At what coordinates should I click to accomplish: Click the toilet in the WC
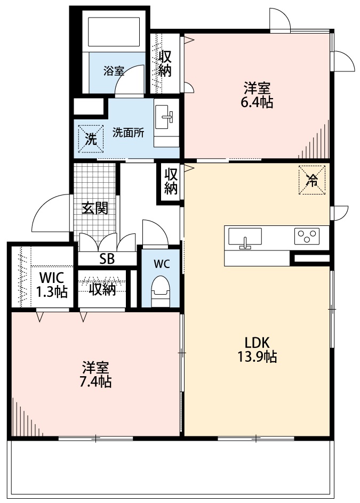[x=160, y=291]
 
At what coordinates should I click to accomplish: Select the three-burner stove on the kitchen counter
[x=306, y=234]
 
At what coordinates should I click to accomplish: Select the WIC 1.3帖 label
[x=51, y=284]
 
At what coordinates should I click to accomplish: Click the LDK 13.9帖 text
[x=257, y=350]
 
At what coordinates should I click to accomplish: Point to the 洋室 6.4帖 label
[x=258, y=95]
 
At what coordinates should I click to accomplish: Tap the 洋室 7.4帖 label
[x=96, y=375]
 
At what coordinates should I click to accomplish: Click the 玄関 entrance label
[x=95, y=208]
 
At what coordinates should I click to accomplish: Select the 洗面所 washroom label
[x=128, y=133]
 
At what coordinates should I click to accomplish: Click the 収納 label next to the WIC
[x=102, y=289]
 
